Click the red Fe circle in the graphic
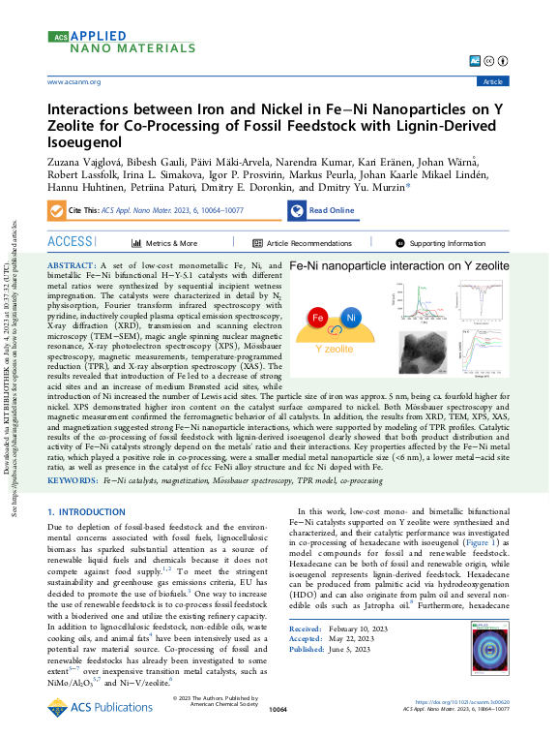click(x=317, y=318)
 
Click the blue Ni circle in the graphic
click(x=351, y=318)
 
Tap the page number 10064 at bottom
click(x=278, y=710)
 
